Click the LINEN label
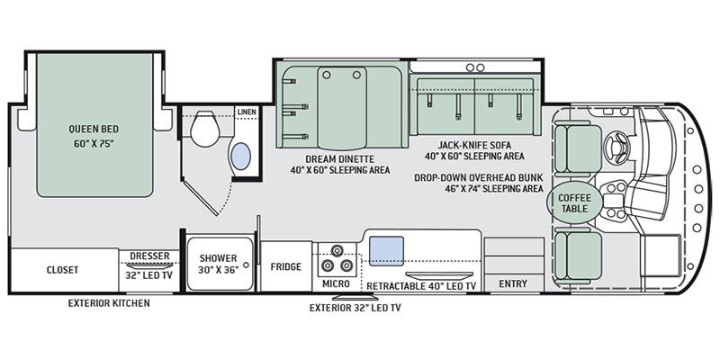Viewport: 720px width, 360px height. coord(246,112)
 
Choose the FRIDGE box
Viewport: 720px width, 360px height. coord(285,266)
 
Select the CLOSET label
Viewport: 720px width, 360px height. coord(62,270)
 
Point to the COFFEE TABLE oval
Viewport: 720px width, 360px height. coord(573,202)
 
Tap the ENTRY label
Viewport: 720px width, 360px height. coord(513,284)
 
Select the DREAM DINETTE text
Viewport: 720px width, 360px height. coord(326,157)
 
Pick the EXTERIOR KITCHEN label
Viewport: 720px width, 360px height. coord(109,303)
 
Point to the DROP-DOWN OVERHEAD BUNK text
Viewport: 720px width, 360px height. coord(478,176)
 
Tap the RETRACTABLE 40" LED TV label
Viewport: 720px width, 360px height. coord(420,285)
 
